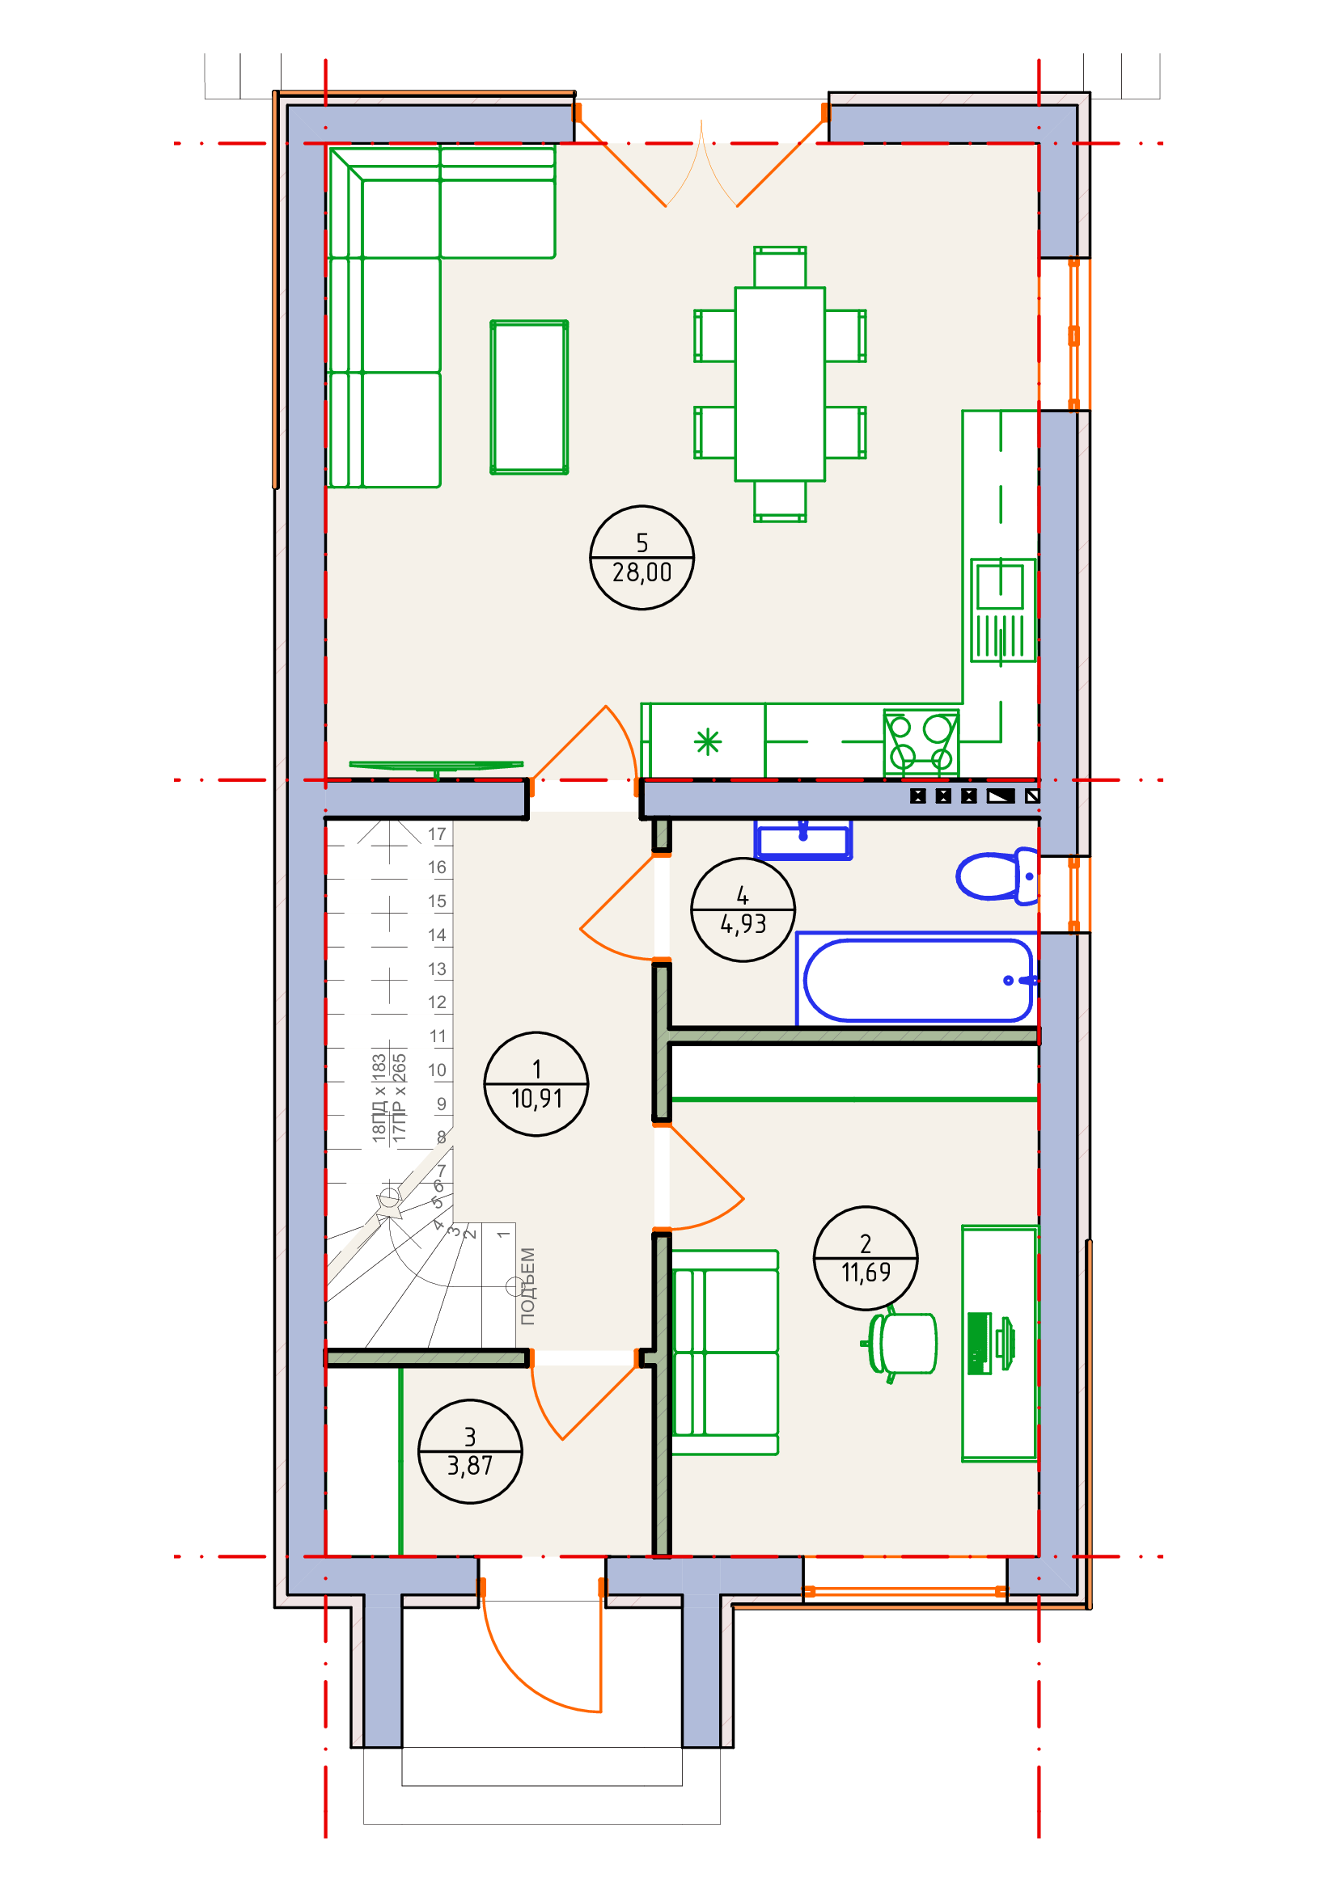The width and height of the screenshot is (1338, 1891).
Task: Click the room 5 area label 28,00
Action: pos(641,558)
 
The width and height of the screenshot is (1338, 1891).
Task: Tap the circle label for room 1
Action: pos(536,1084)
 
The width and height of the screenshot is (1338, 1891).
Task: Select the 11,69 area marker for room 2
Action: pos(865,1259)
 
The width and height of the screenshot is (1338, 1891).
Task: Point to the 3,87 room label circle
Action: pos(470,1451)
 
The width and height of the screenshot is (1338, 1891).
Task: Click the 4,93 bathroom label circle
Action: pos(743,910)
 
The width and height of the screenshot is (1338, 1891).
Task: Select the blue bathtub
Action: pos(917,980)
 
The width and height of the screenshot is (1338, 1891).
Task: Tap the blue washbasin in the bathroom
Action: pos(803,839)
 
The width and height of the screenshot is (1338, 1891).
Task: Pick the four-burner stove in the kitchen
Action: pos(921,741)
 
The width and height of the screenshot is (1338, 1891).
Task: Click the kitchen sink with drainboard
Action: pos(1002,610)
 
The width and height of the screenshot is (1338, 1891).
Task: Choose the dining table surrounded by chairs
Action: pos(779,384)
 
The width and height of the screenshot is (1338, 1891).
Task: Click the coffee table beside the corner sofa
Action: pos(529,397)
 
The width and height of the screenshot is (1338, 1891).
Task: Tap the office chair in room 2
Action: pos(900,1344)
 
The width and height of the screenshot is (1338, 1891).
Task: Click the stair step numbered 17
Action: pos(437,834)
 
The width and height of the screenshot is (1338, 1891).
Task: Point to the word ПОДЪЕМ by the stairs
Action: pos(527,1285)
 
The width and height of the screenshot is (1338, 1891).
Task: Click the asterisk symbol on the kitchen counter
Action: pos(708,742)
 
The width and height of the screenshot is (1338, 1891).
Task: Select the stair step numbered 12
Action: pos(437,1002)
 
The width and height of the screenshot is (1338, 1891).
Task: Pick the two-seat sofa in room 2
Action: pos(725,1353)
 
